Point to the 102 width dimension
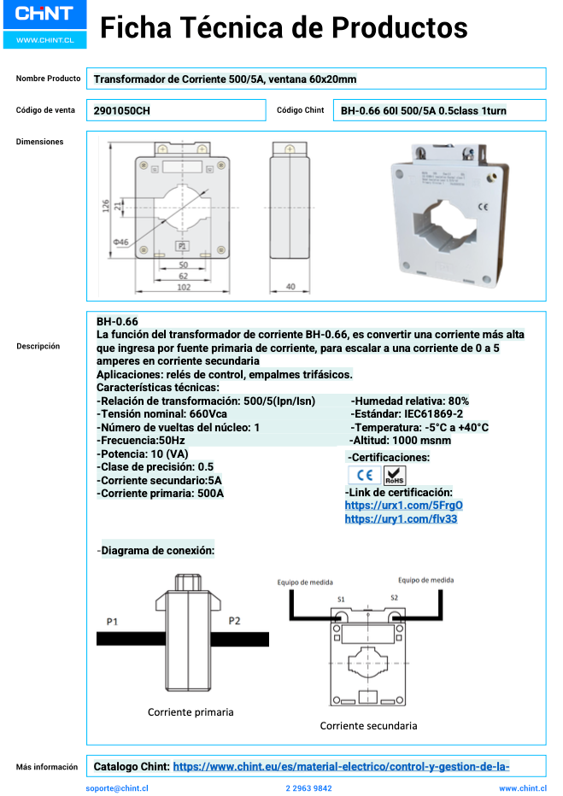point(183,288)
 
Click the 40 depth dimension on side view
point(290,287)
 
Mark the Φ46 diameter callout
point(120,243)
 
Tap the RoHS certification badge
point(396,476)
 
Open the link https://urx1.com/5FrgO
point(403,506)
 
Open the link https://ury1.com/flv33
point(401,518)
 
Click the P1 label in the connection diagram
point(112,621)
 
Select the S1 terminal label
point(341,599)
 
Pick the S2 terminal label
point(394,598)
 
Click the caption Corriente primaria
point(191,711)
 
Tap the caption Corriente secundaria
point(368,726)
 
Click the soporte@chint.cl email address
point(118,788)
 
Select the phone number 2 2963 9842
point(308,788)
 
